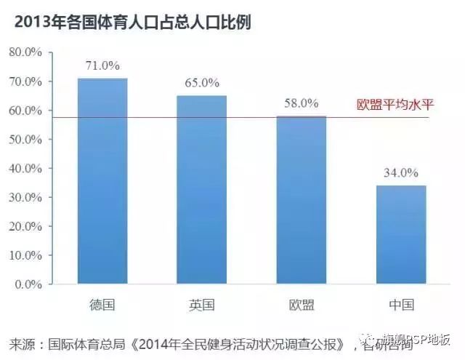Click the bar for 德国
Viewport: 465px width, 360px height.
point(102,181)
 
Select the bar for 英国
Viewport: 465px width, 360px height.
point(202,190)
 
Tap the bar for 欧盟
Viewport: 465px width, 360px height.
point(302,200)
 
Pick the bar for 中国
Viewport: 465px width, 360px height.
point(401,235)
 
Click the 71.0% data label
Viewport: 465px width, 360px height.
point(102,65)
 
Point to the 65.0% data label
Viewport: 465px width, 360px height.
point(202,83)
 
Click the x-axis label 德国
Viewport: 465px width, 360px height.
point(102,305)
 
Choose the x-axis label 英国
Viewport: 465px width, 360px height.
point(202,305)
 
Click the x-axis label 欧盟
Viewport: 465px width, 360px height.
point(302,305)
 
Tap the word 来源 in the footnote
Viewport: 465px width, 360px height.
point(23,343)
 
